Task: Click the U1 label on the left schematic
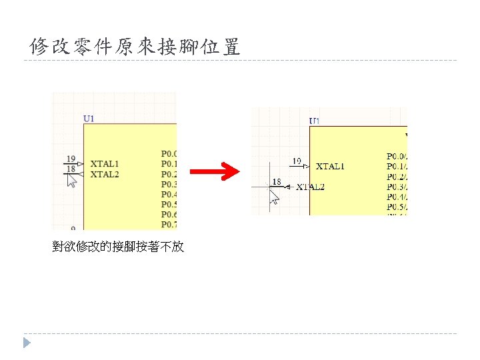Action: tap(89, 119)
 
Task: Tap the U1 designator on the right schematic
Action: tap(315, 121)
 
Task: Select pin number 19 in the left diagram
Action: tap(71, 159)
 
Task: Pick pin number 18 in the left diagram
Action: tap(71, 169)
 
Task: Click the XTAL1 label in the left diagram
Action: tap(105, 163)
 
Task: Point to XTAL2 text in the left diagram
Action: tap(105, 174)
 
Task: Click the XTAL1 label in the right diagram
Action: tap(330, 166)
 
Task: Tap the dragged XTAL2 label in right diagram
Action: tap(310, 187)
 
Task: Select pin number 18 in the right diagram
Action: tap(277, 181)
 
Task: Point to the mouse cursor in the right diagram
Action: tap(273, 197)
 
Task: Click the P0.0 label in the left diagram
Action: tap(169, 153)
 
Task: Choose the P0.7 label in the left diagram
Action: tap(169, 224)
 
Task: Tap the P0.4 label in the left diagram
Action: tap(169, 194)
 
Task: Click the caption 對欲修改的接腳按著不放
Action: tap(118, 247)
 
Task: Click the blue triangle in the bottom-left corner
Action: tap(26, 343)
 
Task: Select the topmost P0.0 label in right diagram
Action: tap(396, 156)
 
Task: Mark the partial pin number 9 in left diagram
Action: tap(73, 228)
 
